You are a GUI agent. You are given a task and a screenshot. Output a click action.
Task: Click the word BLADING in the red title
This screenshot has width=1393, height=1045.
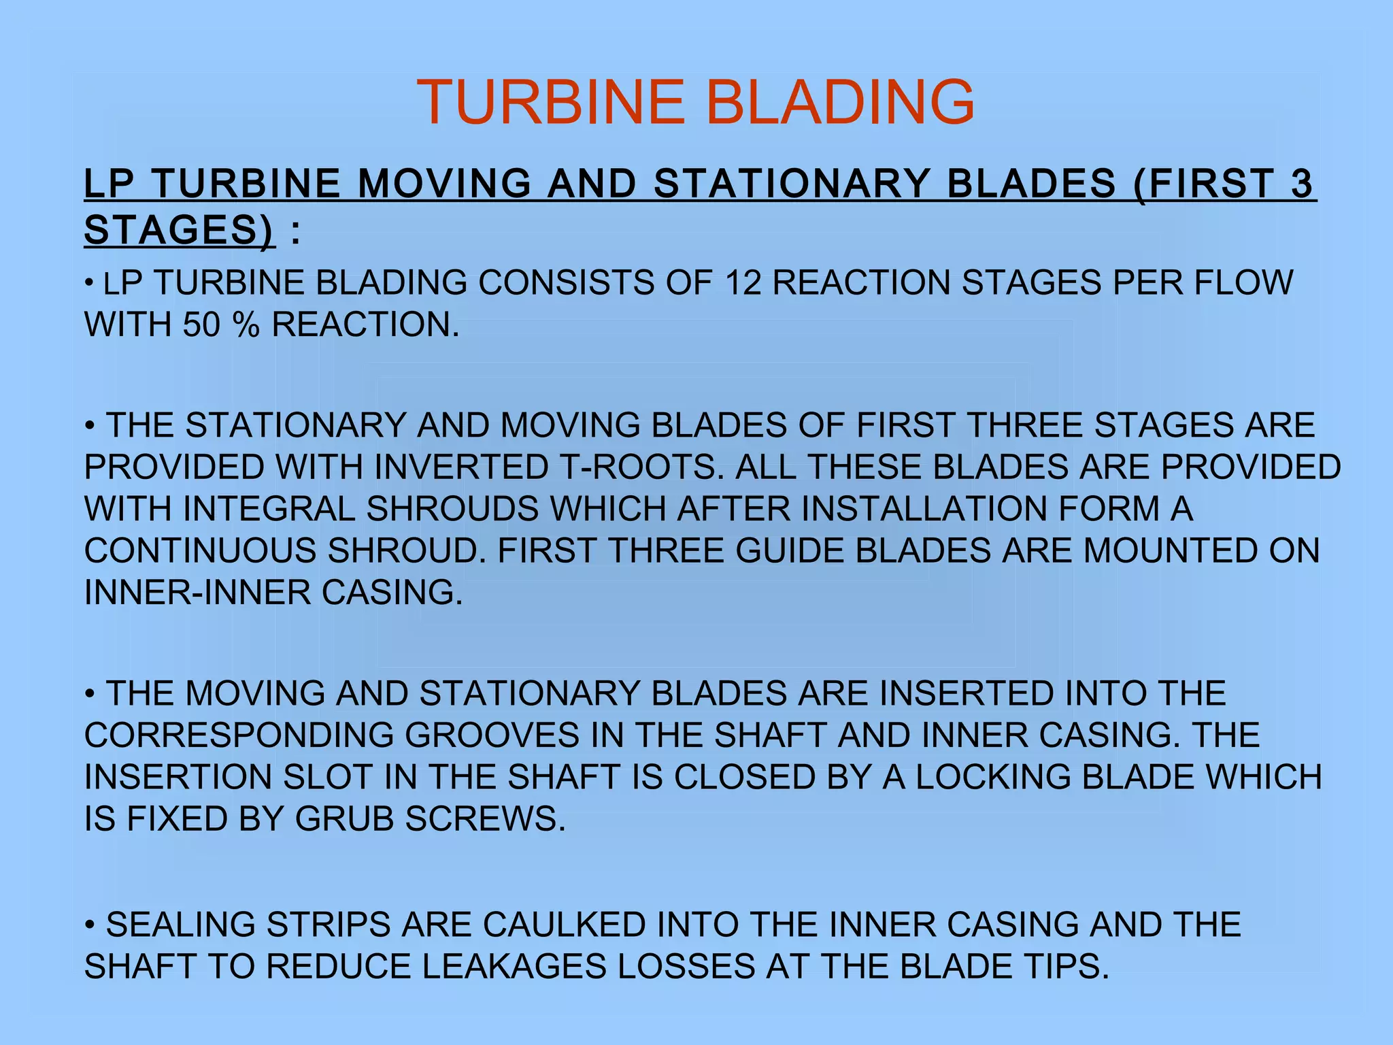click(x=841, y=102)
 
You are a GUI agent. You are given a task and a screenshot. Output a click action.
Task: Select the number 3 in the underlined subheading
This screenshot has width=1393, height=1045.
click(x=1301, y=184)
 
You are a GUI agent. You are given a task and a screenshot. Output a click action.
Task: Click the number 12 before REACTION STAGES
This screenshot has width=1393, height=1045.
click(x=743, y=282)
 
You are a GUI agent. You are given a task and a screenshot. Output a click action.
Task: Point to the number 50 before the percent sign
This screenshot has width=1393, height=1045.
click(x=201, y=325)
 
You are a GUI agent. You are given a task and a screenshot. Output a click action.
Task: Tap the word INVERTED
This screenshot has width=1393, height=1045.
click(x=460, y=467)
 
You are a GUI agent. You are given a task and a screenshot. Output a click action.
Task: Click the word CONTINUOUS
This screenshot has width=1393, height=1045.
click(x=200, y=551)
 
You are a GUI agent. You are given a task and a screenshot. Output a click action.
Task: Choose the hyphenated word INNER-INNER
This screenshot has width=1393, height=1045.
click(x=197, y=593)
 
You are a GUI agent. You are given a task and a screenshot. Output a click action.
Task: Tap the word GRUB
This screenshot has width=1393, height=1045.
click(x=344, y=819)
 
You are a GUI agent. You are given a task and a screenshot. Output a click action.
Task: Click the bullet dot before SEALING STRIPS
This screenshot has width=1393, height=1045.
click(x=89, y=926)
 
